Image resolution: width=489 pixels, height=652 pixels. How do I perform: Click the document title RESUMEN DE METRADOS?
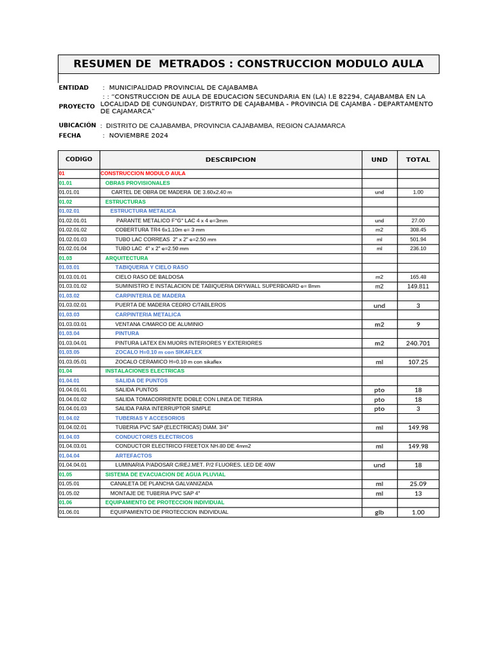coord(248,64)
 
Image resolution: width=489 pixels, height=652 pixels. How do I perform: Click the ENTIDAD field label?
coord(74,87)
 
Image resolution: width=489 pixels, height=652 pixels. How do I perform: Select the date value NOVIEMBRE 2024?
coord(138,136)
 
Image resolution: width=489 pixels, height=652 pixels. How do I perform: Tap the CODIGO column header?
coord(79,159)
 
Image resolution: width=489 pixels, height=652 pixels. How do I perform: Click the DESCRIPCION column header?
coord(230,160)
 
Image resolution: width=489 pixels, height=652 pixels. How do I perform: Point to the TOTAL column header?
coord(418,160)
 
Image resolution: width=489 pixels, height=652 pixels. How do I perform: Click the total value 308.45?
coord(418,230)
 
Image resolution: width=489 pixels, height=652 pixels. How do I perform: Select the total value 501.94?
coord(418,239)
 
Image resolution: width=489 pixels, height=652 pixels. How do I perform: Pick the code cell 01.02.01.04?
coord(73,248)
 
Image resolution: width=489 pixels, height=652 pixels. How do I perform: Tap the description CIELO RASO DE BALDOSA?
coord(149,277)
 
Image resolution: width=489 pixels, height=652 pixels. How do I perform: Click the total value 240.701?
coord(418,343)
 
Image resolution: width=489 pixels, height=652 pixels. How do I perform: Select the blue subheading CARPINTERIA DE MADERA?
coord(150,296)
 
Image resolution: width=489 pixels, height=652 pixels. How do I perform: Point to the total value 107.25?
coord(418,362)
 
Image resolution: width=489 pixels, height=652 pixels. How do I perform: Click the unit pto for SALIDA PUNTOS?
coord(379,390)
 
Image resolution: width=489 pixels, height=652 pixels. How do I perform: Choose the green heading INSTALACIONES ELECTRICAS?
coord(145,371)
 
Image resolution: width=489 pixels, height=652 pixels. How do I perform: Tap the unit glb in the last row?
coord(379,513)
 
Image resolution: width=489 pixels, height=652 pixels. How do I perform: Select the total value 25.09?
coord(418,484)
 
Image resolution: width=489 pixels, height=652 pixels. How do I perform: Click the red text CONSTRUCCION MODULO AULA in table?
coord(143,173)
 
